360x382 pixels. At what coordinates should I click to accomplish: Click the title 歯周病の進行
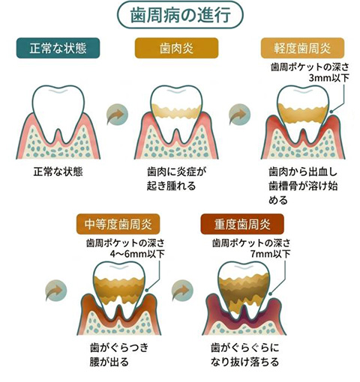180,15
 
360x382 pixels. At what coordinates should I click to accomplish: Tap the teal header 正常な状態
58,48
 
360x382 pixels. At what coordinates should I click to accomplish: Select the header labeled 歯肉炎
176,48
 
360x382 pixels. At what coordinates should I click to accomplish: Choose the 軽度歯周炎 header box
302,48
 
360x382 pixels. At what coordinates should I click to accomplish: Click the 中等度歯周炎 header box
118,224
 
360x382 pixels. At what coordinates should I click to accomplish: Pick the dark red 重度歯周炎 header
242,224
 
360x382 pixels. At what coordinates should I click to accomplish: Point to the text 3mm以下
328,78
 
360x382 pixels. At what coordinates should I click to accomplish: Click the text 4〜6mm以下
137,254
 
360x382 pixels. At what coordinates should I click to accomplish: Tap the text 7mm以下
271,254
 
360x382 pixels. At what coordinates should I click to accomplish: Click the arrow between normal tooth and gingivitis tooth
117,115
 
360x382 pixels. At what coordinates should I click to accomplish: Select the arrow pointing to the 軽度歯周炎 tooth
239,115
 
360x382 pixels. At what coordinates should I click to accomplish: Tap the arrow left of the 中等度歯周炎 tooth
56,291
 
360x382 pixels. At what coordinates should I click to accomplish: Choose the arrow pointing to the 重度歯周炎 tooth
182,291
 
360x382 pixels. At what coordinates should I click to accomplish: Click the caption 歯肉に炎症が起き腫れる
177,179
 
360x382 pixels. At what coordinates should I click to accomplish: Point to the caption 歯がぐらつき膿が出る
119,354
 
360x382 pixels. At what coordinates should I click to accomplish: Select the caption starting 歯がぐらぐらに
245,354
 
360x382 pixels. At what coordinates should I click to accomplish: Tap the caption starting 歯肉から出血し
303,186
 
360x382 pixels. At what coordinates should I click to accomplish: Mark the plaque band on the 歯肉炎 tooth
176,112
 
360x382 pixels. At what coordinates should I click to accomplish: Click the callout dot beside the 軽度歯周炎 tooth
331,112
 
